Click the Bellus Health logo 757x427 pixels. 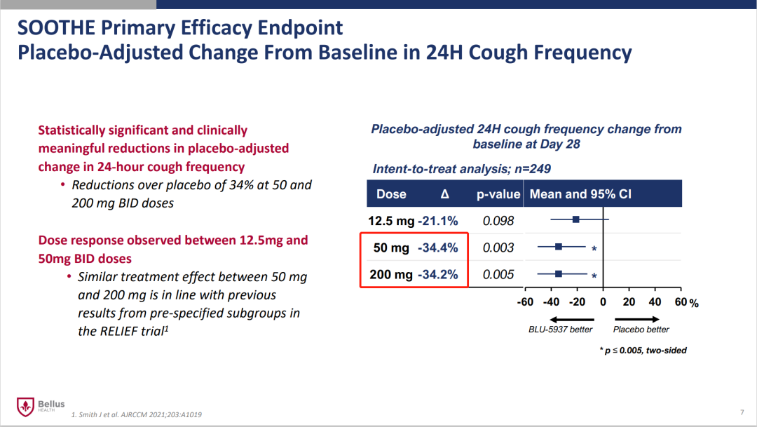(x=40, y=406)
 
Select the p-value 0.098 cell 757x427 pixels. (x=498, y=221)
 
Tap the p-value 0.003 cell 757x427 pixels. (x=498, y=248)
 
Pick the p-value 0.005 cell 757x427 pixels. (x=498, y=274)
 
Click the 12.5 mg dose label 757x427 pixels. (x=391, y=221)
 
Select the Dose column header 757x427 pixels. (x=391, y=194)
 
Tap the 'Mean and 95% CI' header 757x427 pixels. (x=580, y=194)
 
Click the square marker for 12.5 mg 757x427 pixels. (x=576, y=219)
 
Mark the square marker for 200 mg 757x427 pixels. (x=559, y=273)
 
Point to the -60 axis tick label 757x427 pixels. (x=525, y=302)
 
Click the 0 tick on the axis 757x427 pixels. (x=603, y=302)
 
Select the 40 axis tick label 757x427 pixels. (x=655, y=302)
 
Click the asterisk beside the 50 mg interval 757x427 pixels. (x=594, y=249)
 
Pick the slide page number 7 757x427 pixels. (x=742, y=411)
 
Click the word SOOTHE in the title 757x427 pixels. (x=57, y=28)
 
